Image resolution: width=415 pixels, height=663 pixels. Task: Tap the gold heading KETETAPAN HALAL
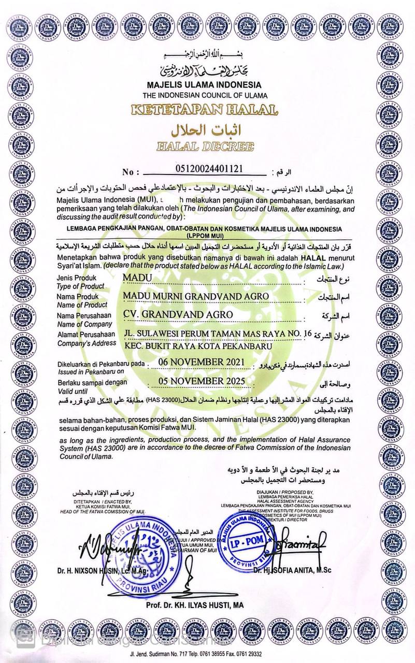[207, 110]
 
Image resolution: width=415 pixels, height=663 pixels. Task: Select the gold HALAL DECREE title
[207, 147]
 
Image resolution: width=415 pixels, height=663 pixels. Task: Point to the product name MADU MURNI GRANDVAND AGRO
[196, 296]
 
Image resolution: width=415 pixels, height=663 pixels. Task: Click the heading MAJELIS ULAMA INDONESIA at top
[207, 84]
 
